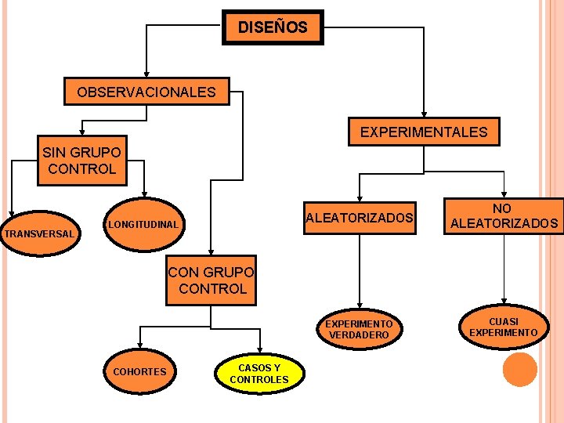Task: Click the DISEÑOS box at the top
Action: coord(273,28)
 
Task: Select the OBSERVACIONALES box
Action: coord(146,92)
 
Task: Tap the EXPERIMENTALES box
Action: coord(423,132)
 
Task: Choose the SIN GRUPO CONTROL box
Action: coord(81,161)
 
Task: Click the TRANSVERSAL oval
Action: coord(39,233)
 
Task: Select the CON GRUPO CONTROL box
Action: coord(211,280)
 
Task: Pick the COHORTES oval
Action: coord(140,371)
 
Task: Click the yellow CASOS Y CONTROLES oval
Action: coord(259,374)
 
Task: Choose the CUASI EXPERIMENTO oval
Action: coord(504,327)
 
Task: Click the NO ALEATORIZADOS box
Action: coord(504,216)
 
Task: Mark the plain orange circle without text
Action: coord(519,370)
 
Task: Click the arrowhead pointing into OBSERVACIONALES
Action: coord(146,73)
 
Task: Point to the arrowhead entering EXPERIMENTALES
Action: coord(424,116)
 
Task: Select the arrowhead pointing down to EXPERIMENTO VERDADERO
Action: coord(360,306)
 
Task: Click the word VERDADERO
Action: coord(359,335)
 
